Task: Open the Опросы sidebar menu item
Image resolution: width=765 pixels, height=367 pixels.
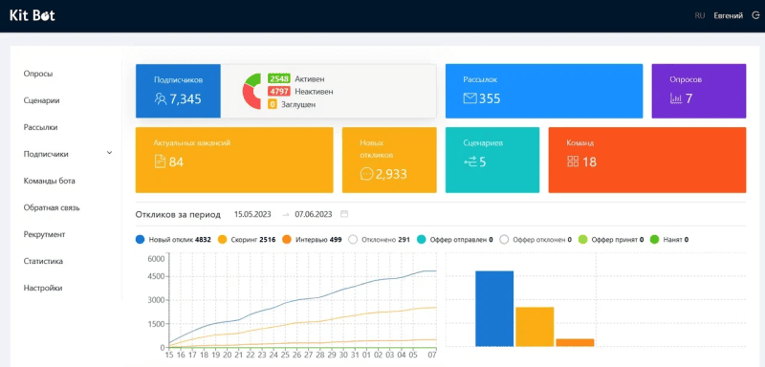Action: point(38,74)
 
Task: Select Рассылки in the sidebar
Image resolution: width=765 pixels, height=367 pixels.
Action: point(41,127)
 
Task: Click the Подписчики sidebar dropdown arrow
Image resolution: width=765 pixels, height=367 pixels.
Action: point(109,153)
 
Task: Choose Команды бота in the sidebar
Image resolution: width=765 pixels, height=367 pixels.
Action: point(50,181)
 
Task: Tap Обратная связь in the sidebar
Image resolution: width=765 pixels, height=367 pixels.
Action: point(52,207)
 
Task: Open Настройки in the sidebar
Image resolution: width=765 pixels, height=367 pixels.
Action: point(43,288)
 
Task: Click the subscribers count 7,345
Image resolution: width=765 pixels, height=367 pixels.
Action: point(186,98)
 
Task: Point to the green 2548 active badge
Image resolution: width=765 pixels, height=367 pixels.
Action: point(278,78)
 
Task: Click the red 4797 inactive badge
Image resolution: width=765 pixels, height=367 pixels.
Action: point(278,91)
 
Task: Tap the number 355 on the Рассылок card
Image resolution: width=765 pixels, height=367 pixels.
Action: point(489,98)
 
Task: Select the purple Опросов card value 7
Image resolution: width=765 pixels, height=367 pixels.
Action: point(688,98)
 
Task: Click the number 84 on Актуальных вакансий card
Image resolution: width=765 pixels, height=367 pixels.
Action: point(176,162)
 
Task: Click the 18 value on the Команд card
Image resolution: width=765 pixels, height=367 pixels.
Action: point(589,162)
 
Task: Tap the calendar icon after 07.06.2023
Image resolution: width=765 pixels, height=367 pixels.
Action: point(344,214)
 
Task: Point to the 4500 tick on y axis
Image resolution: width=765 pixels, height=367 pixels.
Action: point(154,277)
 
